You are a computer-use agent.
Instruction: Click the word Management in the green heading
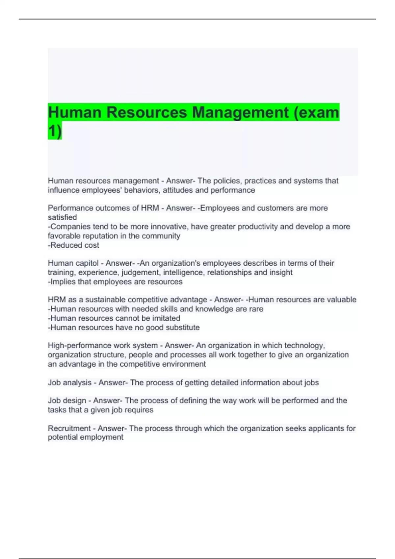(x=240, y=112)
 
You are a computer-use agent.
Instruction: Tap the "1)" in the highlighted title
(x=55, y=131)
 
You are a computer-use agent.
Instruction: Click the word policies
(x=227, y=181)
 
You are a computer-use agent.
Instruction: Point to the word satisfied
(x=62, y=217)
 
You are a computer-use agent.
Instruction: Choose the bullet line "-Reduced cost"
(x=73, y=245)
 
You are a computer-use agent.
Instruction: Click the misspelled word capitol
(x=87, y=263)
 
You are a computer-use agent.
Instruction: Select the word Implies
(x=63, y=282)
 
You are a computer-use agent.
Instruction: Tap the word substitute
(x=182, y=328)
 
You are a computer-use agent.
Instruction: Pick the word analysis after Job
(x=77, y=383)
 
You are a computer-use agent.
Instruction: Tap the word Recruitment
(x=68, y=428)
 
